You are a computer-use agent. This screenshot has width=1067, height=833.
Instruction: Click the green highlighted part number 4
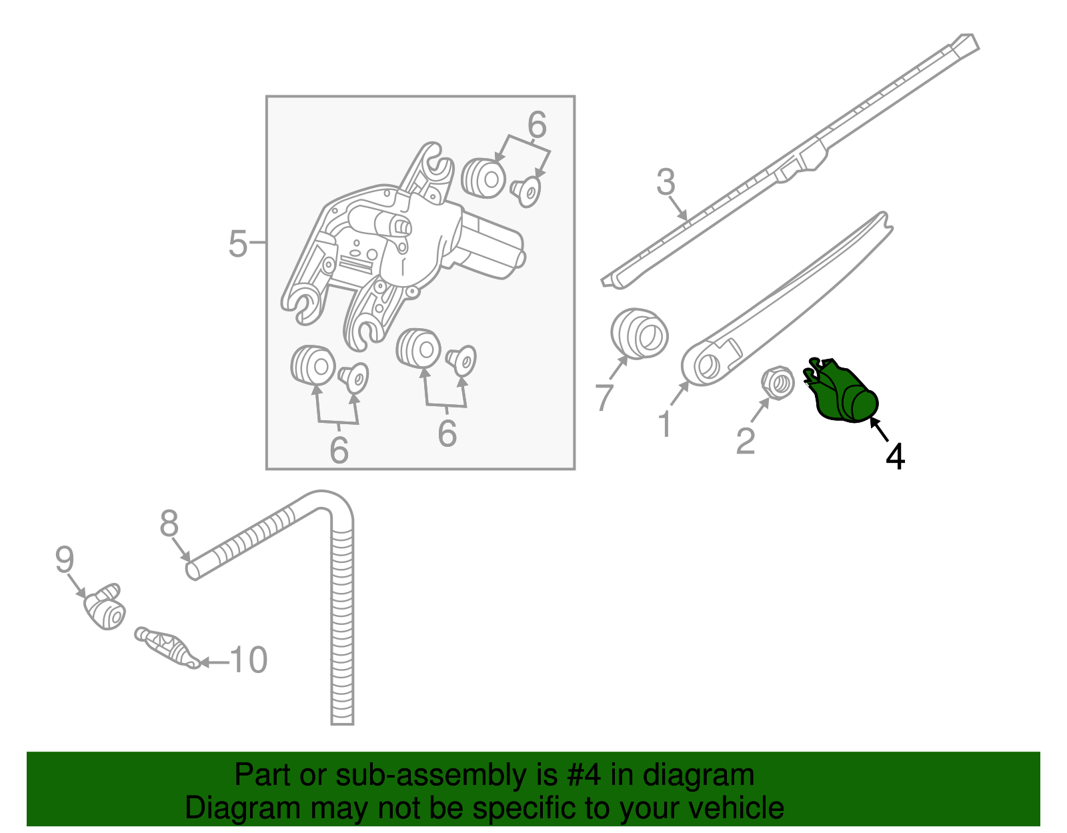[844, 393]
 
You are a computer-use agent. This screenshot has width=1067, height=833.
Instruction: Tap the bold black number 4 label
[895, 458]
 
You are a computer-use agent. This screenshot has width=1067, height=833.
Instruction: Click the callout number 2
[746, 441]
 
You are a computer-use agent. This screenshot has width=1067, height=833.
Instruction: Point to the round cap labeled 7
[639, 333]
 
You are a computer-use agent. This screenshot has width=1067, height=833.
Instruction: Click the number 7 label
[604, 397]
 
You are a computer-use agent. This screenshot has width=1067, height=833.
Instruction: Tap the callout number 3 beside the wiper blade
[666, 182]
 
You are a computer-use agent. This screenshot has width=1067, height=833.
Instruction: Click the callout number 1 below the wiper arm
[665, 425]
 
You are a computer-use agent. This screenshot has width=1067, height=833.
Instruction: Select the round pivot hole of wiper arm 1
[706, 365]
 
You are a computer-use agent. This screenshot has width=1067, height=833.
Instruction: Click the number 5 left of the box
[237, 244]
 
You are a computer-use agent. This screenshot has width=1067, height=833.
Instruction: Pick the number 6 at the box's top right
[537, 125]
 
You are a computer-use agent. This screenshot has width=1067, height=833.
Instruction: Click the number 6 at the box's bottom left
[339, 450]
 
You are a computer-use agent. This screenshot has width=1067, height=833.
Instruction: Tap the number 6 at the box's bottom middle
[447, 434]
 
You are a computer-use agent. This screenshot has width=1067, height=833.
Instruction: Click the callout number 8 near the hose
[169, 524]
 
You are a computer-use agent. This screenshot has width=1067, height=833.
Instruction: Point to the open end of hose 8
[192, 570]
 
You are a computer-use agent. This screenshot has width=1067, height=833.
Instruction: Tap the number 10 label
[248, 660]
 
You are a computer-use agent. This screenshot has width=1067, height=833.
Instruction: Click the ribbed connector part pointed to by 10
[166, 646]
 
